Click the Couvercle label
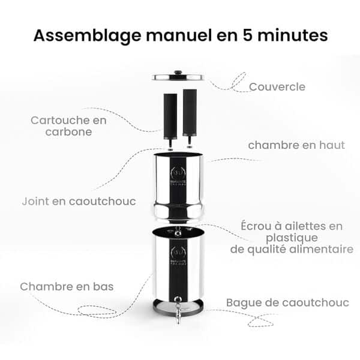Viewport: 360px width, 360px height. coord(277,87)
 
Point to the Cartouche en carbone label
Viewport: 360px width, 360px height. coord(68,125)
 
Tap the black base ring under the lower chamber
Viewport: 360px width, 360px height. coord(179,307)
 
